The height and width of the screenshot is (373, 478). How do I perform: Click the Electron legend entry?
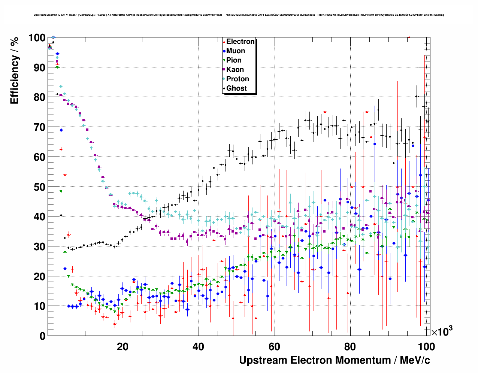(x=240, y=42)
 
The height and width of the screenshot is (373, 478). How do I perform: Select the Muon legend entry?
(x=235, y=51)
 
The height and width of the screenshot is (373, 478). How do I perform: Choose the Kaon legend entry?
(x=235, y=70)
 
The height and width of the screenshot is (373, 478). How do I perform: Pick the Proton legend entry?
(x=238, y=79)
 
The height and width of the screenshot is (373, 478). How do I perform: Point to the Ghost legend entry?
(x=236, y=88)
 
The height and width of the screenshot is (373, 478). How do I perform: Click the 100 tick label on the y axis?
(x=36, y=38)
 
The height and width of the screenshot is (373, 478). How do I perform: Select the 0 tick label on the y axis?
(x=42, y=336)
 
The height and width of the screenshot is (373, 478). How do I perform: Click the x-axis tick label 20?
(x=122, y=346)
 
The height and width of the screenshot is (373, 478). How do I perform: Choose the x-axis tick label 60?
(x=274, y=346)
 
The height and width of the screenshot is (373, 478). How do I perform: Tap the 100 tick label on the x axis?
(x=426, y=346)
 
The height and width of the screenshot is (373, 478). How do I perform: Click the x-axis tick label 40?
(x=199, y=346)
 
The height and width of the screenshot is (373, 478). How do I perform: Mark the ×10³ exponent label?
(x=442, y=331)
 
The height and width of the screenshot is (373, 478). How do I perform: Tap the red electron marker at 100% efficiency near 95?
(x=409, y=37)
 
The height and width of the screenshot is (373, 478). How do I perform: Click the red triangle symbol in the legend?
(x=224, y=42)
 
